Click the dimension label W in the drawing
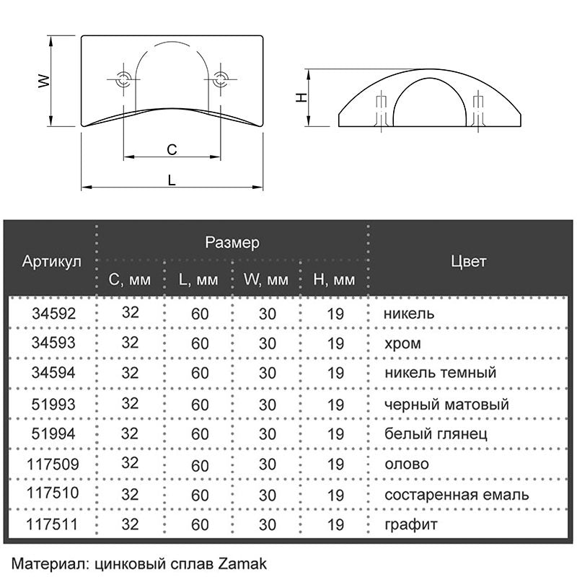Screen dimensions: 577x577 [44, 82]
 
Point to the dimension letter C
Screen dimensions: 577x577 [172, 150]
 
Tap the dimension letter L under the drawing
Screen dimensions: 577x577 [172, 180]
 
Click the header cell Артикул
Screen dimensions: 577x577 [51, 260]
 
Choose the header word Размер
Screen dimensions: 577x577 [232, 242]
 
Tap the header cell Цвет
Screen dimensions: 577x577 [468, 260]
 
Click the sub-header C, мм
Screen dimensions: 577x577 [130, 279]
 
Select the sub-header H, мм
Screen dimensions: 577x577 [335, 279]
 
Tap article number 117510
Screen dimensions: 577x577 [51, 493]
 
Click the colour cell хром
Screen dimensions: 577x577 [403, 344]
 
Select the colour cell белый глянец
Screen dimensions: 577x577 [436, 434]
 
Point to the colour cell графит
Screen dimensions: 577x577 [411, 525]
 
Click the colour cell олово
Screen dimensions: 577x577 [407, 464]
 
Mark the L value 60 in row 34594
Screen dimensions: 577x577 [200, 374]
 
